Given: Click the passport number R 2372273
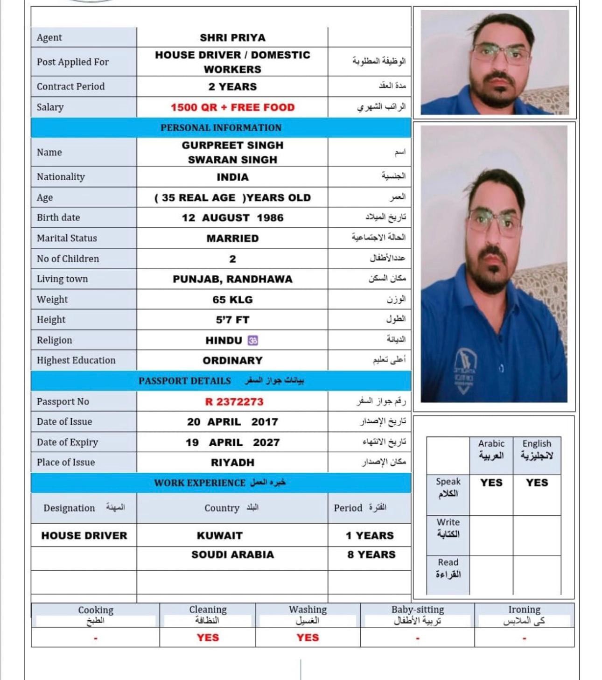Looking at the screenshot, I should pyautogui.click(x=234, y=402).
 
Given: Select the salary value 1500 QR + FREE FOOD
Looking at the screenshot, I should pyautogui.click(x=232, y=107).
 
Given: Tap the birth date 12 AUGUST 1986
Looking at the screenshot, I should pyautogui.click(x=232, y=218).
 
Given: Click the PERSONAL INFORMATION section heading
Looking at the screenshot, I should pyautogui.click(x=221, y=128).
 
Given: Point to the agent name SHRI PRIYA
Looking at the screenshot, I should pyautogui.click(x=232, y=38).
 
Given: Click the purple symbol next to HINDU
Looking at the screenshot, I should pyautogui.click(x=253, y=341).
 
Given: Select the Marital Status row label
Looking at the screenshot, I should pyautogui.click(x=67, y=238).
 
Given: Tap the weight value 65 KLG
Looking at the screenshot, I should pyautogui.click(x=232, y=300).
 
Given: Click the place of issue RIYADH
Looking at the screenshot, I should pyautogui.click(x=232, y=463).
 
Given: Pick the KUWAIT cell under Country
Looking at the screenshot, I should pyautogui.click(x=220, y=536).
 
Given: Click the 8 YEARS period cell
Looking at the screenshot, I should pyautogui.click(x=371, y=555).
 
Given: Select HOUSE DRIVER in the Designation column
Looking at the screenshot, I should pyautogui.click(x=84, y=536).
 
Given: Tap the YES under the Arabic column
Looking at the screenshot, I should pyautogui.click(x=491, y=483).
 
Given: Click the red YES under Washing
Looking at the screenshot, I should pyautogui.click(x=308, y=638).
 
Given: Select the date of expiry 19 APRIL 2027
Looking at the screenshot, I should pyautogui.click(x=232, y=442).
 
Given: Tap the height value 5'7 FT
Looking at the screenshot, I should pyautogui.click(x=232, y=320).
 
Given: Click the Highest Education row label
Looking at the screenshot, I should pyautogui.click(x=76, y=360).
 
